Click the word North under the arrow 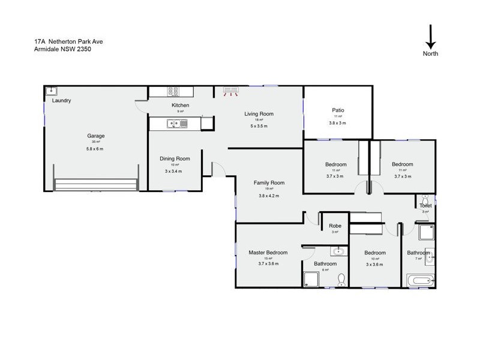pyautogui.click(x=430, y=53)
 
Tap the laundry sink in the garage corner pyautogui.click(x=52, y=91)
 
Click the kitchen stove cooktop pyautogui.click(x=173, y=92)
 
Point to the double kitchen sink pyautogui.click(x=178, y=124)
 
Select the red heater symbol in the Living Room pyautogui.click(x=231, y=91)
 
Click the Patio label pyautogui.click(x=338, y=110)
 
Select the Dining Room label pyautogui.click(x=175, y=158)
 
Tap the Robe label pyautogui.click(x=335, y=226)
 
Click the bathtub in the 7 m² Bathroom pyautogui.click(x=420, y=280)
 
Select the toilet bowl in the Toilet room pyautogui.click(x=425, y=197)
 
